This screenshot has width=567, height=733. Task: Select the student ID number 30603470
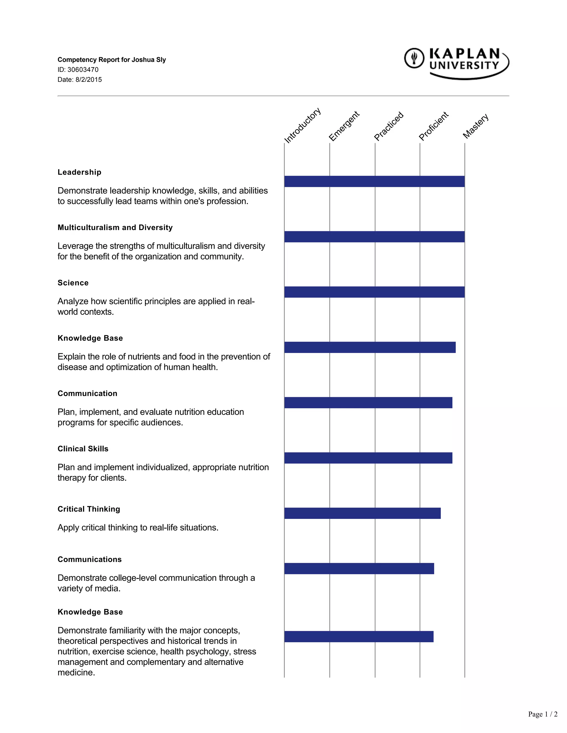(x=83, y=70)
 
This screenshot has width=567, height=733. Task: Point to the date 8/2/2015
(x=88, y=80)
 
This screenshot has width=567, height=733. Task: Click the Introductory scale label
(x=302, y=125)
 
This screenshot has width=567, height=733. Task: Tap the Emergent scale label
(x=344, y=126)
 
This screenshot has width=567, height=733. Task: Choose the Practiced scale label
(x=389, y=126)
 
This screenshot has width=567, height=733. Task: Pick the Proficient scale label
(x=433, y=126)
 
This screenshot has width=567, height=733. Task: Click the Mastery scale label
(x=475, y=126)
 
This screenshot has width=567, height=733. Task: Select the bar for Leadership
(x=374, y=181)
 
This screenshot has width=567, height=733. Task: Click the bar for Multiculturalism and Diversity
(x=374, y=236)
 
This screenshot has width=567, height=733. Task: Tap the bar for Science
(x=374, y=292)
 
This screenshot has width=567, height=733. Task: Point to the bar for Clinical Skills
(x=368, y=458)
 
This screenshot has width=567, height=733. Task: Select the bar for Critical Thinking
(x=362, y=513)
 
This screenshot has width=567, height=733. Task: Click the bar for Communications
(x=359, y=568)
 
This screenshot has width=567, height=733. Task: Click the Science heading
(x=73, y=283)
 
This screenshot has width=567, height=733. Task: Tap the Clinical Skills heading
(x=83, y=449)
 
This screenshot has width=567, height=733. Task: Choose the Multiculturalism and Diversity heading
(x=115, y=228)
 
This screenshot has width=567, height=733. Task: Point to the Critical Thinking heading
(x=89, y=509)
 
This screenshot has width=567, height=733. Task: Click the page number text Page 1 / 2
(x=542, y=714)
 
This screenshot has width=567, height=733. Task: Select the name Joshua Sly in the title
(x=148, y=60)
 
